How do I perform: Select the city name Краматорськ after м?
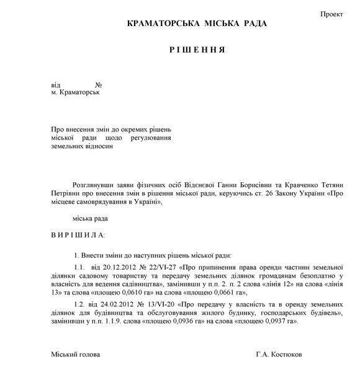click(78, 92)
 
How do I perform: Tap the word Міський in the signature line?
click(65, 355)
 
